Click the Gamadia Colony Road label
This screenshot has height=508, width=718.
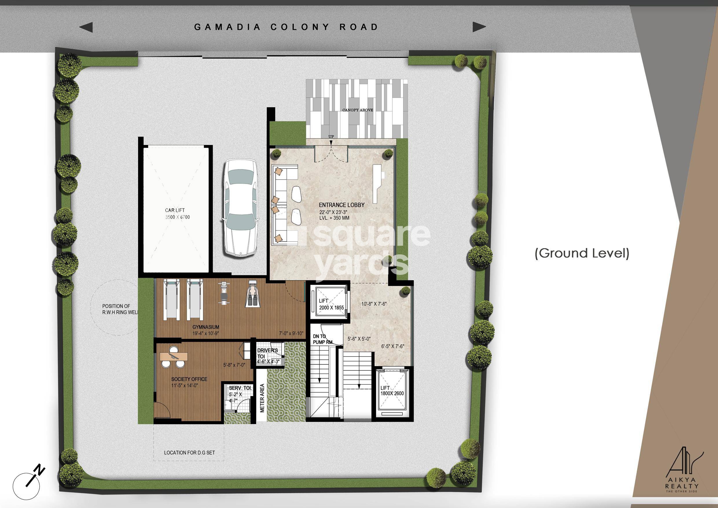[x=286, y=27]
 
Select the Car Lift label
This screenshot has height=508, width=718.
[x=175, y=210]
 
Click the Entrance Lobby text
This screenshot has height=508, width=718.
[x=341, y=205]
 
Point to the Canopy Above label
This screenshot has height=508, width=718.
[x=357, y=110]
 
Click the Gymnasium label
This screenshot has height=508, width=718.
[x=206, y=327]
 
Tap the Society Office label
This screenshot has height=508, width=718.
[x=189, y=379]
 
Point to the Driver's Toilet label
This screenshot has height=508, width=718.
[x=267, y=353]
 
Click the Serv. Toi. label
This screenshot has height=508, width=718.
[x=240, y=388]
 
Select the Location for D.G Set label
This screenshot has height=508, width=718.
[x=189, y=453]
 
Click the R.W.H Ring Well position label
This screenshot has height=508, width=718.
[x=120, y=309]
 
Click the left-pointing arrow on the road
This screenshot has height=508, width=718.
[x=86, y=27]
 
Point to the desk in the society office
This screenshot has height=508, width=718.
[x=174, y=356]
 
